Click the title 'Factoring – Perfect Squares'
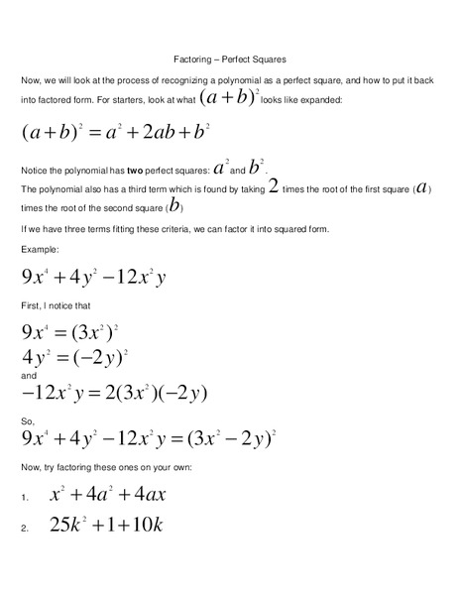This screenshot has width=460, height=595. point(229,59)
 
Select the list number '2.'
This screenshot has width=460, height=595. point(25,528)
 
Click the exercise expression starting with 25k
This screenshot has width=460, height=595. point(106,525)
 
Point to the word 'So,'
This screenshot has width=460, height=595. point(28,420)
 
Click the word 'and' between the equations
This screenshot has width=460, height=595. point(29,376)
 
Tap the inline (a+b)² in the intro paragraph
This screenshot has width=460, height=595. point(229,97)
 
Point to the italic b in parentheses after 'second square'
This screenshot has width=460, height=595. point(174,206)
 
